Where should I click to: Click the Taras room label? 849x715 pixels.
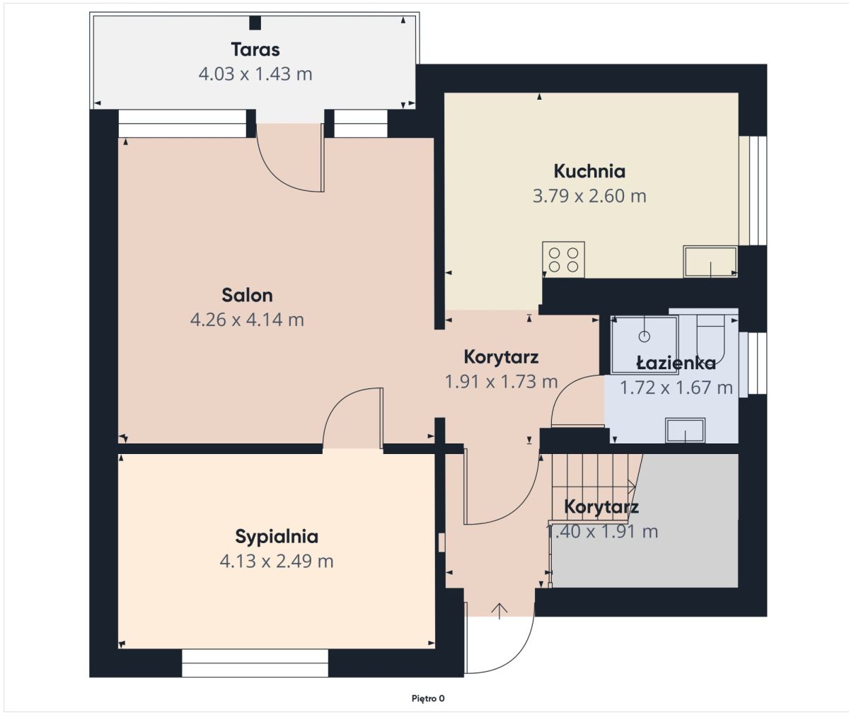(255, 50)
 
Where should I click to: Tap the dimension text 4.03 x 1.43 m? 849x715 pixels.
(255, 74)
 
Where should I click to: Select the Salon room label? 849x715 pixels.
(247, 295)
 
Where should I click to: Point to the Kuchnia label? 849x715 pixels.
(589, 171)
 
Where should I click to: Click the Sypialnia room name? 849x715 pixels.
(277, 537)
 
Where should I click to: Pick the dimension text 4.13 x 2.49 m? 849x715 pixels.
(277, 562)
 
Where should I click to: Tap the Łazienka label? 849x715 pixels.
(676, 363)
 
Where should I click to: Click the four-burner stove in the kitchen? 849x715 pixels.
(564, 260)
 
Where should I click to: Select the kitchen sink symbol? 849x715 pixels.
(710, 262)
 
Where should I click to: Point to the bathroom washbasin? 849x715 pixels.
(686, 430)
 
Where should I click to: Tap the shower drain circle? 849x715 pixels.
(645, 337)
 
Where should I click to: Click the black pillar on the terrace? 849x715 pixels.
(255, 23)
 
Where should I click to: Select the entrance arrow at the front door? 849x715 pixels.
(499, 611)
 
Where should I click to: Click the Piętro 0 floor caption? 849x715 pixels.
(428, 699)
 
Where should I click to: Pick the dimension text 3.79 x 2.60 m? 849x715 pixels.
(589, 196)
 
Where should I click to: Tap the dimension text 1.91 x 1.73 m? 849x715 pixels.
(502, 382)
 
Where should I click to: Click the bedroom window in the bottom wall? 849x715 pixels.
(255, 663)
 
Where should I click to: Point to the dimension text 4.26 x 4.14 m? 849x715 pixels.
(247, 320)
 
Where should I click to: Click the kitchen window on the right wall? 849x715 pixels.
(753, 191)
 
